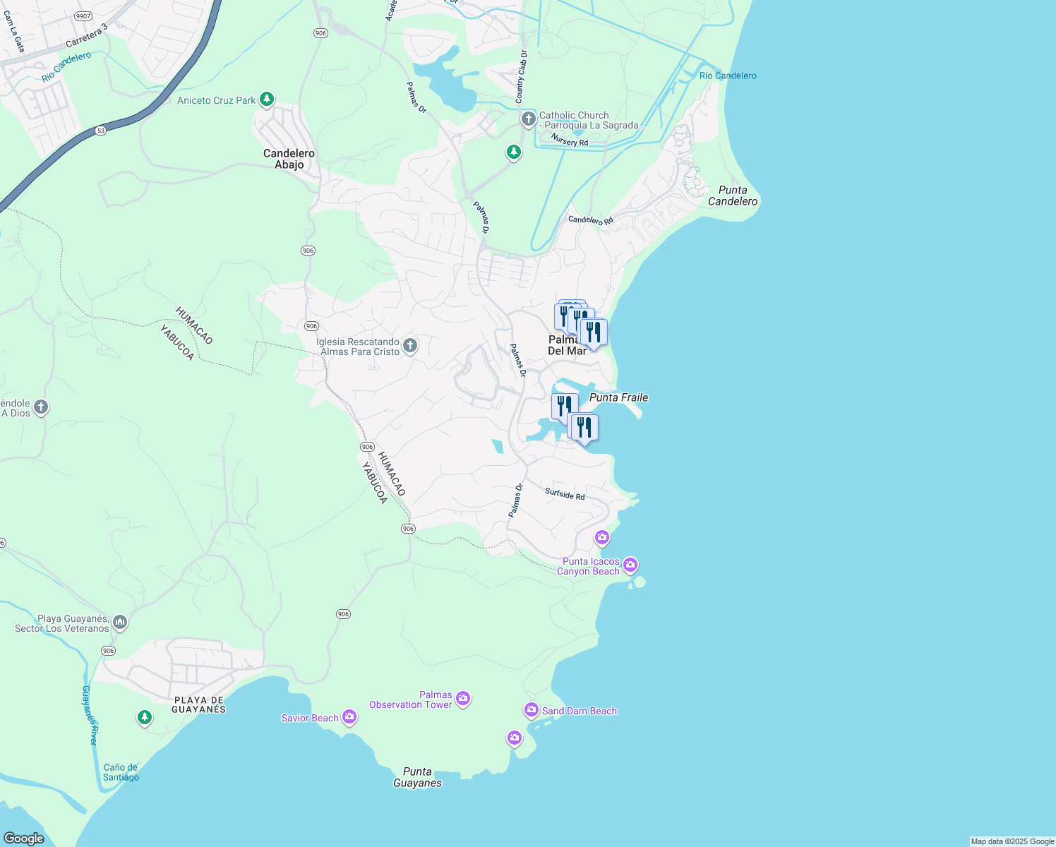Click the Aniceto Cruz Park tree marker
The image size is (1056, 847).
(266, 100)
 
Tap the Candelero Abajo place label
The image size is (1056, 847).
(289, 159)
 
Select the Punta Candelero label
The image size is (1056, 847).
(733, 196)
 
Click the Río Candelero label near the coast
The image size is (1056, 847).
(728, 76)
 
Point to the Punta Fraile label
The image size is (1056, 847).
(618, 397)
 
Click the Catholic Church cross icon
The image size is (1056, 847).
(529, 119)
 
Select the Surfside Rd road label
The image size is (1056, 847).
(565, 494)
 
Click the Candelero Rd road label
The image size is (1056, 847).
(591, 220)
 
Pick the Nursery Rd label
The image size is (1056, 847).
(570, 140)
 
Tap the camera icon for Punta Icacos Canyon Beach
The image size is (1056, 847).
(630, 565)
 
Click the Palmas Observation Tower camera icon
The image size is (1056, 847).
(463, 699)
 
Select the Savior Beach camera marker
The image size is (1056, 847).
(349, 718)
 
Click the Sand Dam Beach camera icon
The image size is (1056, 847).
(532, 710)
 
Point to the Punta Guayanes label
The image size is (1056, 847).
(417, 777)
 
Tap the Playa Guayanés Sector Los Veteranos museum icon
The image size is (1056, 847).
(120, 623)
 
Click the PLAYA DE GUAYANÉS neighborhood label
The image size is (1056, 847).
(199, 704)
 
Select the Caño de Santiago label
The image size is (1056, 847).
(121, 772)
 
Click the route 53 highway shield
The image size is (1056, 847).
(101, 131)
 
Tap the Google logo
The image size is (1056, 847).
(23, 839)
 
